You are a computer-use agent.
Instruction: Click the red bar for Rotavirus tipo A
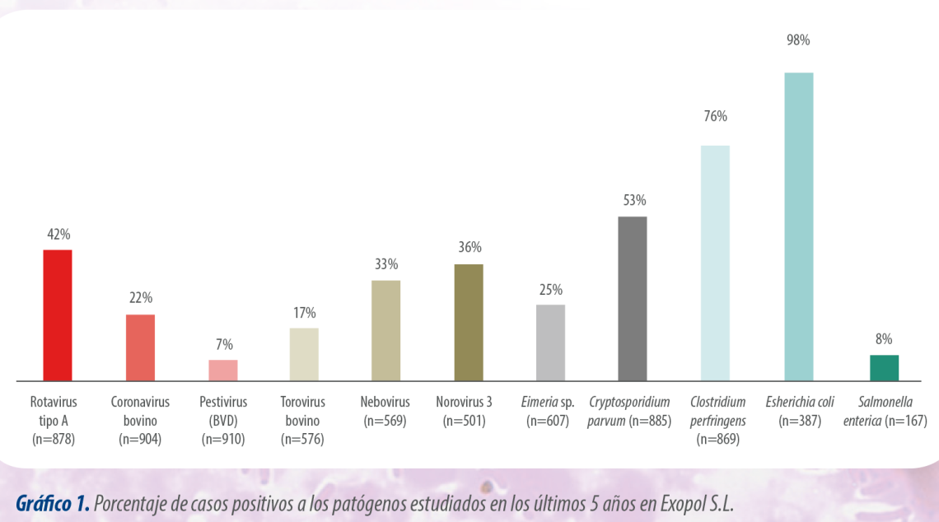pyautogui.click(x=58, y=315)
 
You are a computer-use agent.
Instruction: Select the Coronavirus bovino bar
pyautogui.click(x=140, y=347)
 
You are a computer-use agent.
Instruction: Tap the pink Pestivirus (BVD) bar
pyautogui.click(x=222, y=370)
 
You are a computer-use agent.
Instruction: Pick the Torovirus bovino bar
pyautogui.click(x=304, y=354)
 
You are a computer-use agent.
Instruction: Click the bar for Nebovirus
pyautogui.click(x=386, y=330)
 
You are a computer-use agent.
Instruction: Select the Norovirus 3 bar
pyautogui.click(x=469, y=322)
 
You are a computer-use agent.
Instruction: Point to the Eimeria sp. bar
pyautogui.click(x=550, y=343)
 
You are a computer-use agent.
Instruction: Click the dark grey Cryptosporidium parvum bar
pyautogui.click(x=633, y=298)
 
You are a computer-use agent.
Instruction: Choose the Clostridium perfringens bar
pyautogui.click(x=715, y=263)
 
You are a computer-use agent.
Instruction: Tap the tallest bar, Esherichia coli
pyautogui.click(x=798, y=226)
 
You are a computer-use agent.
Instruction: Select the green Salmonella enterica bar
pyautogui.click(x=884, y=367)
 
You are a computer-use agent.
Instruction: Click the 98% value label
pyautogui.click(x=798, y=40)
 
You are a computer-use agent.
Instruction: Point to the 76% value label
pyautogui.click(x=715, y=116)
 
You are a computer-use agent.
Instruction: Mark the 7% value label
pyautogui.click(x=224, y=344)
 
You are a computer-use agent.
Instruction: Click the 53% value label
pyautogui.click(x=634, y=200)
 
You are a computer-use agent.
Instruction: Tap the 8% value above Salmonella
pyautogui.click(x=884, y=338)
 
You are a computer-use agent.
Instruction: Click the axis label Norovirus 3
pyautogui.click(x=465, y=403)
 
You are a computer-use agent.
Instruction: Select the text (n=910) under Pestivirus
pyautogui.click(x=223, y=439)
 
